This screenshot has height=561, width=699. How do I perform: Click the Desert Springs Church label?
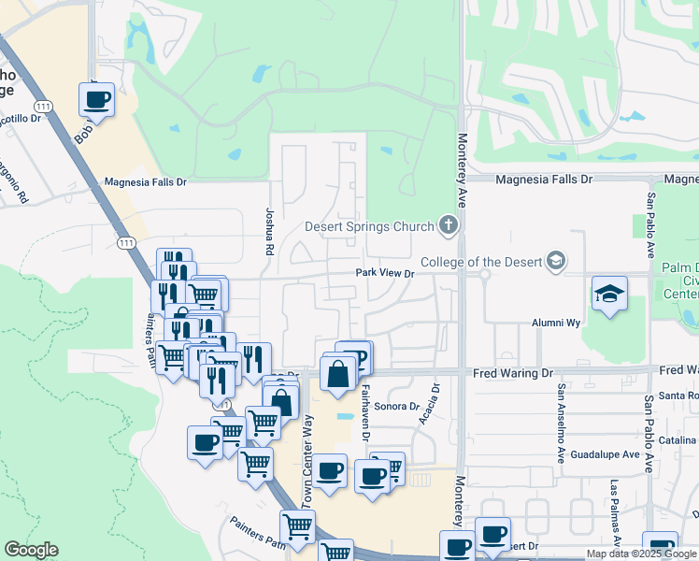pyautogui.click(x=369, y=226)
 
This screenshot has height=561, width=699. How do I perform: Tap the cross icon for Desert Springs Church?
pyautogui.click(x=449, y=225)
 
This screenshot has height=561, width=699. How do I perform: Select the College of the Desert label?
pyautogui.click(x=481, y=261)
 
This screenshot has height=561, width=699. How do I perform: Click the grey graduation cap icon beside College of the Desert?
pyautogui.click(x=557, y=260)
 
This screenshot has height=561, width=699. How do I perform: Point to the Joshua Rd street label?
pyautogui.click(x=268, y=232)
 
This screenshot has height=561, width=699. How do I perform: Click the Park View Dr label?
pyautogui.click(x=383, y=273)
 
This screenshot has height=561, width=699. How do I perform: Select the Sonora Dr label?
pyautogui.click(x=393, y=406)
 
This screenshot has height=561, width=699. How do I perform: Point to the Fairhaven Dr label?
pyautogui.click(x=366, y=411)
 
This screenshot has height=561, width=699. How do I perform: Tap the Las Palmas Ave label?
pyautogui.click(x=614, y=512)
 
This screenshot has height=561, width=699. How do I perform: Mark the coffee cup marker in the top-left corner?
pyautogui.click(x=96, y=99)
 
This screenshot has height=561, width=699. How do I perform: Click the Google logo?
pyautogui.click(x=31, y=550)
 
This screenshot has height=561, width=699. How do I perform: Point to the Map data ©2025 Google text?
pyautogui.click(x=641, y=554)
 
